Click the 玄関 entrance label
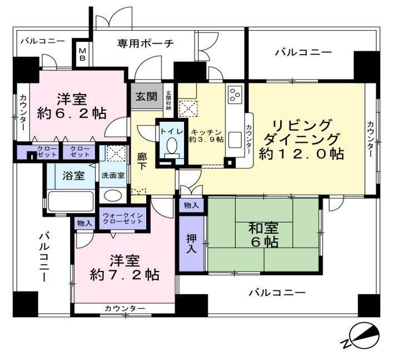pyautogui.click(x=146, y=97)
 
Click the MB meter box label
pyautogui.click(x=82, y=55)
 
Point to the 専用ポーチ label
pyautogui.click(x=146, y=43)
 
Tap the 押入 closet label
pyautogui.click(x=191, y=244)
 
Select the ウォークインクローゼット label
pyautogui.click(x=123, y=219)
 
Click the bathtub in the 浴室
pyautogui.click(x=71, y=201)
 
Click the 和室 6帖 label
pyautogui.click(x=263, y=235)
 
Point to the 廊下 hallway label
pyautogui.click(x=142, y=161)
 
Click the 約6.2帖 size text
pyautogui.click(x=72, y=114)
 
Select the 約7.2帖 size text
pyautogui.click(x=125, y=275)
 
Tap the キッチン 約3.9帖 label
pyautogui.click(x=206, y=136)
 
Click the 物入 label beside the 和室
pyautogui.click(x=191, y=205)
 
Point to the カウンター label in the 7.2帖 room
pyautogui.click(x=125, y=308)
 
